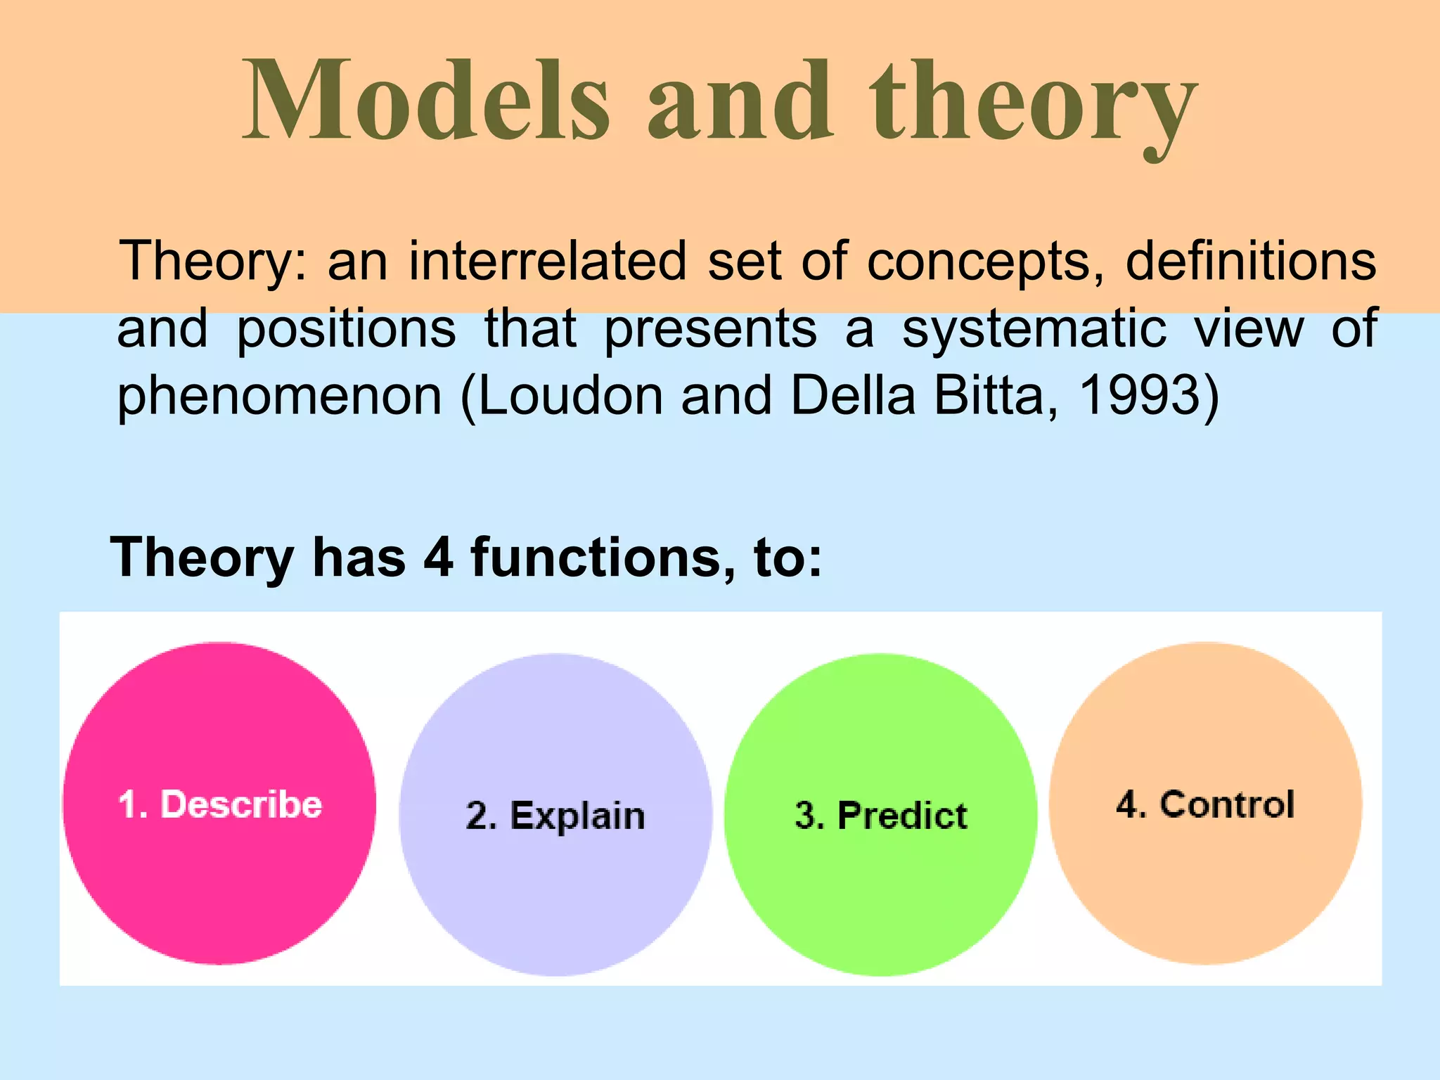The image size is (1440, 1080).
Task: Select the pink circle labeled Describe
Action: click(219, 803)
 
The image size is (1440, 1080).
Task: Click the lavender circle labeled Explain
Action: click(555, 815)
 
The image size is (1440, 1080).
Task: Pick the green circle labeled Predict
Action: click(880, 815)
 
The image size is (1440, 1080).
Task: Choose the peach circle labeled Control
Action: click(1205, 803)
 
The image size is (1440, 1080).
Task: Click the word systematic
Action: click(1034, 329)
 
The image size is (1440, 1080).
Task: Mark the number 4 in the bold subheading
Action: click(438, 557)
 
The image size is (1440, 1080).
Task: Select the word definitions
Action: click(1251, 261)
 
